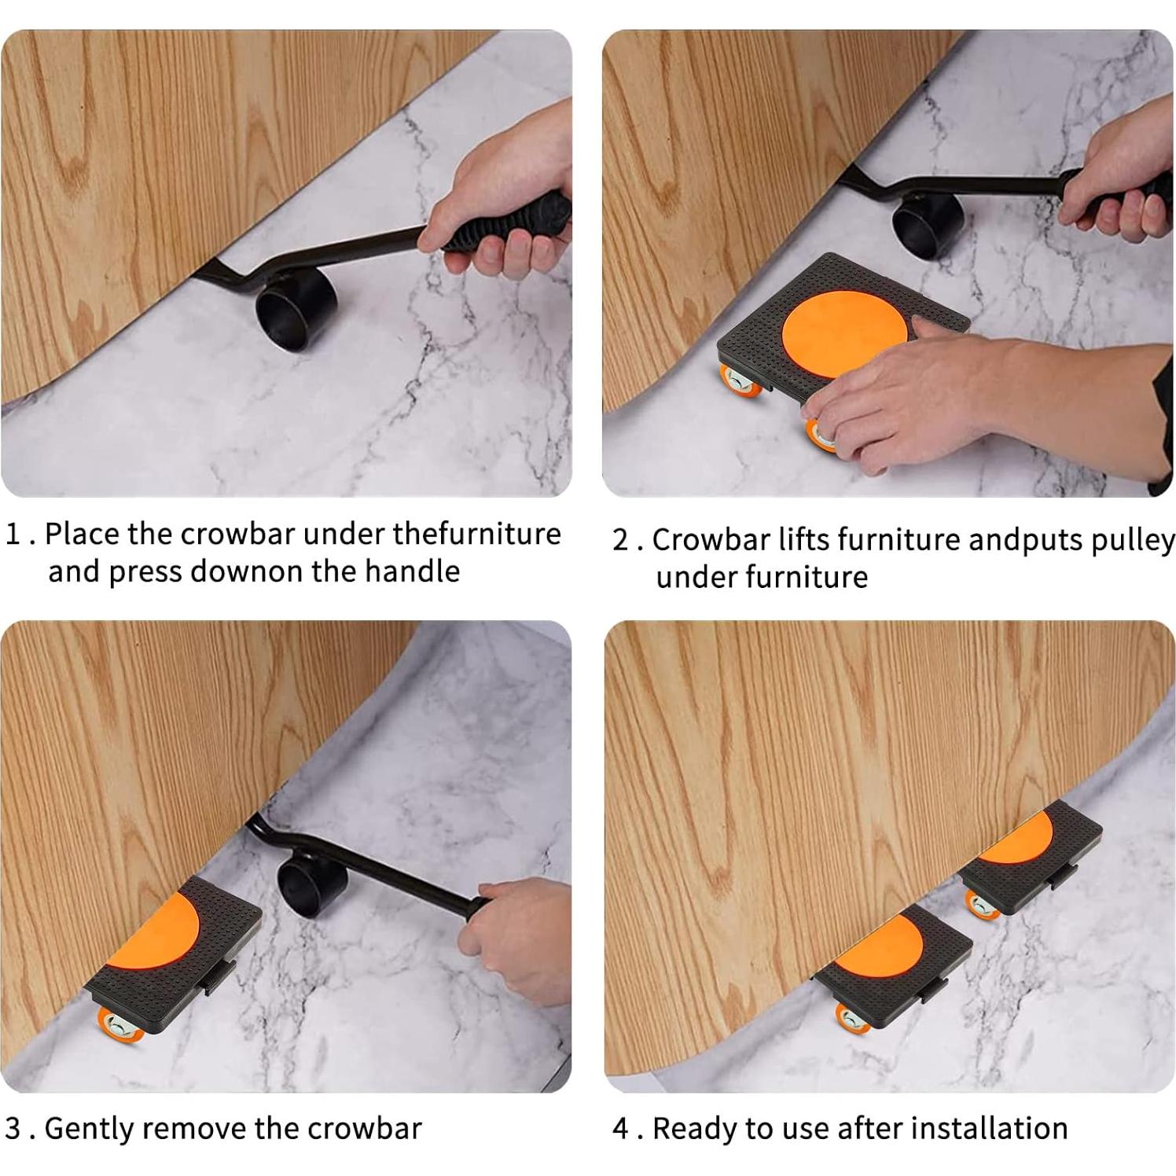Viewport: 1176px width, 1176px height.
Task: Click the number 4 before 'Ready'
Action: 621,1129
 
